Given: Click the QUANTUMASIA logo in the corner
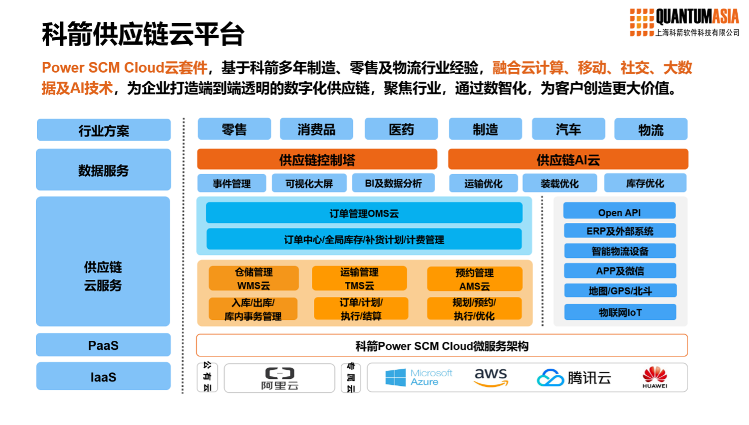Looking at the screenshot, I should (x=685, y=22).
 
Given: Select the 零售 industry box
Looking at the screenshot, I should (x=234, y=129).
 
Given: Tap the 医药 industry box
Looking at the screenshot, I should (x=401, y=129).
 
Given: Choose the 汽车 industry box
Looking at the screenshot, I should (x=568, y=129).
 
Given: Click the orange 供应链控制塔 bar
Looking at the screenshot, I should (x=317, y=159).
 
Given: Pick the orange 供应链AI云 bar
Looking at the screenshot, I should (x=568, y=159).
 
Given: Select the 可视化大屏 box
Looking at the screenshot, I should (x=309, y=183).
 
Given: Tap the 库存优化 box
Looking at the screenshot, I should (x=645, y=183).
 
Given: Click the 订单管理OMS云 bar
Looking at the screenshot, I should (x=364, y=213).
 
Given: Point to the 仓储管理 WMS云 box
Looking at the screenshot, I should (x=254, y=279).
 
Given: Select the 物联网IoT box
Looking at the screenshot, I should (x=620, y=312).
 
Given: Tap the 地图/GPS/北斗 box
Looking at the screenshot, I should (x=620, y=291).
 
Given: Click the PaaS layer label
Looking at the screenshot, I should (x=103, y=345).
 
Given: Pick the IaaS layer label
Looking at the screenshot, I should (x=103, y=377).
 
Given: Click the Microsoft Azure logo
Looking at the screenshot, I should (x=418, y=377).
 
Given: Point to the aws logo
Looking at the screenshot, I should (x=491, y=377).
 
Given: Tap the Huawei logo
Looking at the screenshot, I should (x=655, y=378).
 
